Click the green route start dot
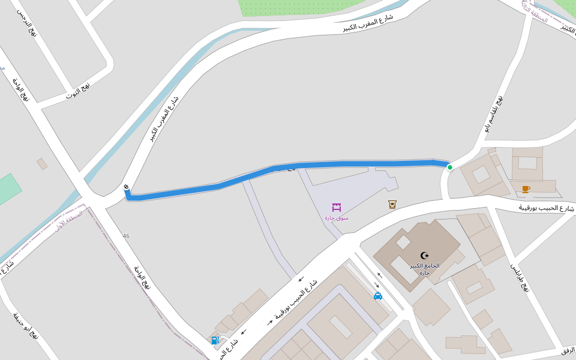coord(449,167)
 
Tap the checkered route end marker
coord(126,187)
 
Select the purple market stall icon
coord(337,208)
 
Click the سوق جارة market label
coord(337,218)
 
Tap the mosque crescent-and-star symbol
coord(425,256)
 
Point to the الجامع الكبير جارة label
coord(425,269)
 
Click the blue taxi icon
coord(378,296)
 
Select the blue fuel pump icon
coord(215,340)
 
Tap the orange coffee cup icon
coord(526,189)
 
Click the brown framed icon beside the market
coord(392,204)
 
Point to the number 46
coord(126,236)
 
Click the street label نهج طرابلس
coord(520,277)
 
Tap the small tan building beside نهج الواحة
coord(42,164)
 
